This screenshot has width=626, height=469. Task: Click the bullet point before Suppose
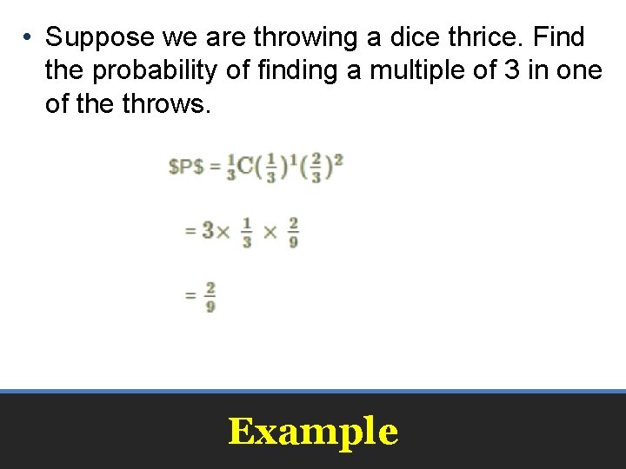tap(28, 38)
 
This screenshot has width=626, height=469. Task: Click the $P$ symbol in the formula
tap(186, 166)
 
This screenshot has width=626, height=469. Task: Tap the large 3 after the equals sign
tap(208, 231)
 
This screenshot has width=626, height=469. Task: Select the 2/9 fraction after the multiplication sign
tap(293, 232)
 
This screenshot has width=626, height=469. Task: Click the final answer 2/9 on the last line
tap(210, 296)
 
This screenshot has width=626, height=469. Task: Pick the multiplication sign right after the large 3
tap(223, 232)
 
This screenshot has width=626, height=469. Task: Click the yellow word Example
tap(313, 432)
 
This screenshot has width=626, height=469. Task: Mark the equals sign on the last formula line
tap(190, 296)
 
